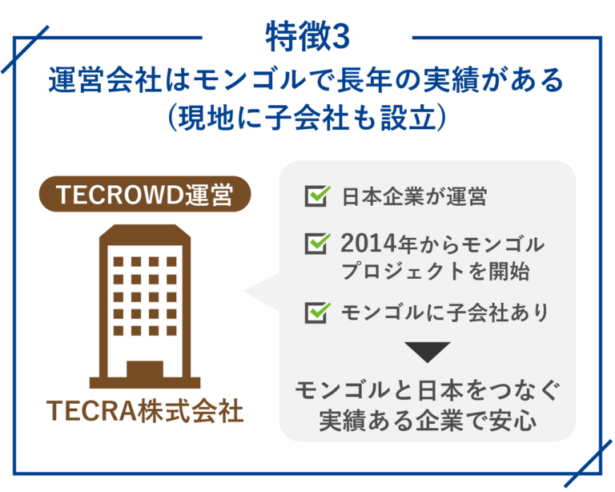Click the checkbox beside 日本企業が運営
pos(317,196)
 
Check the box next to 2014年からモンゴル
pos(317,242)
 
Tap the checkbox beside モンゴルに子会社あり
pos(317,312)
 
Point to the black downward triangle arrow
pos(428,352)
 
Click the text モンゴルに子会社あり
pos(444,312)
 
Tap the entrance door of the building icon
pos(145,370)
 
